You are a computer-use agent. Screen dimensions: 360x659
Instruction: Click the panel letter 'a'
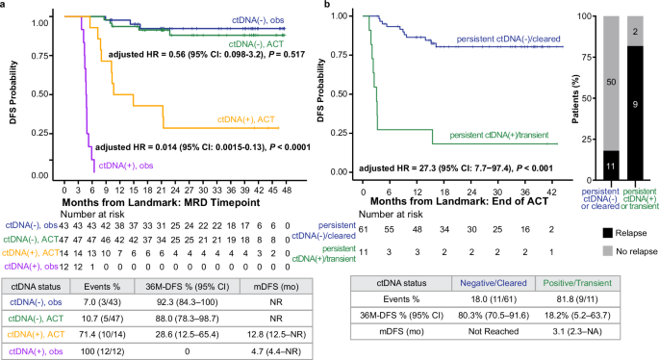coord(4,6)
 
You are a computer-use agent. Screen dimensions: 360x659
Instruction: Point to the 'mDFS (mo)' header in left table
coord(278,284)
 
